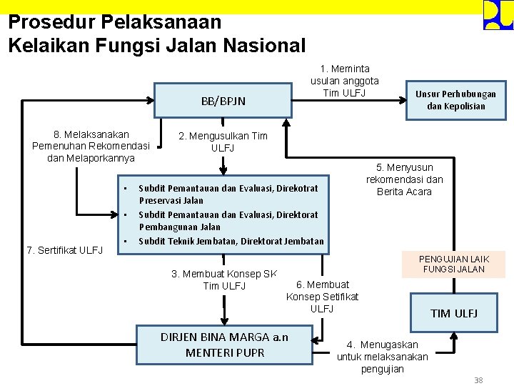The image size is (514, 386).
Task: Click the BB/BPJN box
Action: click(x=223, y=101)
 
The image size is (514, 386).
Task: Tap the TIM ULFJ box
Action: click(x=453, y=313)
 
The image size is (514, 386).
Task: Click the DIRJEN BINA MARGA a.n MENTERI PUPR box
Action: click(x=224, y=344)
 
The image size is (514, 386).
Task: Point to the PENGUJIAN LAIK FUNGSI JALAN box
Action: click(x=453, y=264)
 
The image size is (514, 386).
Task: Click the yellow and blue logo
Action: click(x=498, y=15)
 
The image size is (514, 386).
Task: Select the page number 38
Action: click(x=478, y=380)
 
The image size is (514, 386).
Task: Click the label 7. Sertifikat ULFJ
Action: click(x=65, y=249)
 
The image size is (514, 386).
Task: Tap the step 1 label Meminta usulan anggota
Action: click(x=345, y=81)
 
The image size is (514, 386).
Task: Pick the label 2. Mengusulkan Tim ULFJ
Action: click(x=223, y=142)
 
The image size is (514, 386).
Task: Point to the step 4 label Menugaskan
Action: click(x=383, y=356)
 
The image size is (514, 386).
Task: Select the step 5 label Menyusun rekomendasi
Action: click(x=404, y=179)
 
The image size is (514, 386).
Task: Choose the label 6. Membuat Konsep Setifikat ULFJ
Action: click(x=322, y=296)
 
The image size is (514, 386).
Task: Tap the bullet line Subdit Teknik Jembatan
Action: click(x=231, y=241)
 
